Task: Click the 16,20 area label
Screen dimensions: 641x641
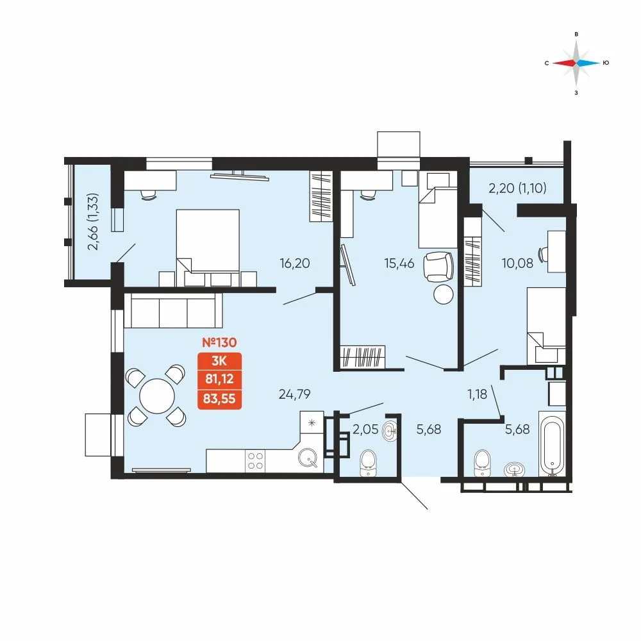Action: point(295,263)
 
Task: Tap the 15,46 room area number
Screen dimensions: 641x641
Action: point(399,263)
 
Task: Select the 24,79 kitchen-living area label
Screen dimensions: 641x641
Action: point(294,394)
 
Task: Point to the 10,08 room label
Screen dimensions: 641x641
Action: point(517,263)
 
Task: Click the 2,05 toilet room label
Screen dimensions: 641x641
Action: point(365,429)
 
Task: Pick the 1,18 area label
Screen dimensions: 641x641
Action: point(477,394)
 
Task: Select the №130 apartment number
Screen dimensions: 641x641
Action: point(219,342)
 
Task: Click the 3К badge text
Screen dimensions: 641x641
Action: point(219,361)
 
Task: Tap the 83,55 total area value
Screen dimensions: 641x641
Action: point(219,398)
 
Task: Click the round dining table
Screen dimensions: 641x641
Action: point(157,395)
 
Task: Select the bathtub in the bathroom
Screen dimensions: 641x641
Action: point(552,444)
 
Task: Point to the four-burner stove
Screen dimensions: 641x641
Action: point(255,461)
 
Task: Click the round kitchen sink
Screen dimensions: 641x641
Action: point(308,458)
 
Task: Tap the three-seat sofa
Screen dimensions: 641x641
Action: point(173,310)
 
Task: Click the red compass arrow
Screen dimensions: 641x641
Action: point(563,63)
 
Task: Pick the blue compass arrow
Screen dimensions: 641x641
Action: point(588,63)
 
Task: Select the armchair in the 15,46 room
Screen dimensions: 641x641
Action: point(438,267)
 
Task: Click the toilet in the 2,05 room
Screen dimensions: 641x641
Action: point(369,463)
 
